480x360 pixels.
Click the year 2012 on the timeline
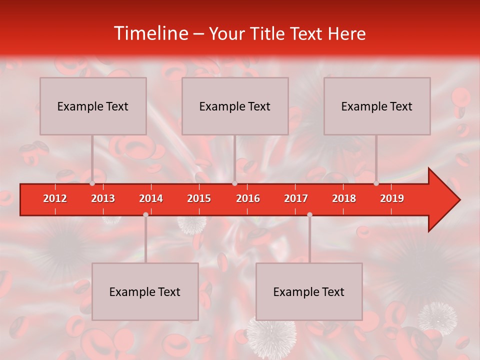pyautogui.click(x=55, y=198)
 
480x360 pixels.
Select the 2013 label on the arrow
pyautogui.click(x=103, y=198)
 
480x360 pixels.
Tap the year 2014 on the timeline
pyautogui.click(x=151, y=198)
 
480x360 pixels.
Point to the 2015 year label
pyautogui.click(x=199, y=198)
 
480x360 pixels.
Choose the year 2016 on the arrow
pyautogui.click(x=248, y=198)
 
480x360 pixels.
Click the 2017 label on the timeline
pyautogui.click(x=296, y=198)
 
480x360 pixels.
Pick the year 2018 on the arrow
pyautogui.click(x=344, y=198)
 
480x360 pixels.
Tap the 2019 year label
pyautogui.click(x=392, y=198)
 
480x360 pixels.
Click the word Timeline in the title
pyautogui.click(x=150, y=33)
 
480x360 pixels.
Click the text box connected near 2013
pyautogui.click(x=93, y=106)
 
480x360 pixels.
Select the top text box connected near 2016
pyautogui.click(x=235, y=106)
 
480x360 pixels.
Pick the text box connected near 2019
pyautogui.click(x=377, y=106)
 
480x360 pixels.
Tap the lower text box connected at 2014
pyautogui.click(x=145, y=291)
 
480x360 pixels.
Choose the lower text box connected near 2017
pyautogui.click(x=309, y=291)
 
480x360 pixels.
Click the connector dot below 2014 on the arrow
pyautogui.click(x=145, y=214)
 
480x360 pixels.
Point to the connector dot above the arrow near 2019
pyautogui.click(x=376, y=183)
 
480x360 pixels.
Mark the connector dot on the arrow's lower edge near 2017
pyautogui.click(x=309, y=214)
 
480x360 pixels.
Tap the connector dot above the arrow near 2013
pyautogui.click(x=92, y=183)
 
